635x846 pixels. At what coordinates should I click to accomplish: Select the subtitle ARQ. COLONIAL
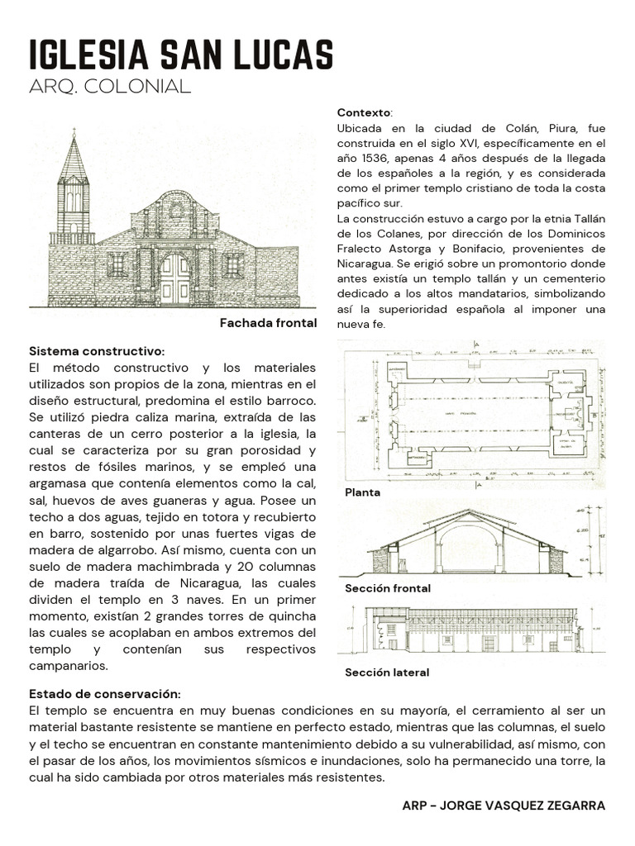coord(109,87)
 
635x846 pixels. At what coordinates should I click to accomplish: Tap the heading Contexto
coord(365,112)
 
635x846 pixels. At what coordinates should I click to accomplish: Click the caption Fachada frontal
coord(268,323)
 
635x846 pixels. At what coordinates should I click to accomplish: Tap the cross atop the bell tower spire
coord(74,133)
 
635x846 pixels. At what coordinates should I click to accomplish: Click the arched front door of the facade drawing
coord(174,278)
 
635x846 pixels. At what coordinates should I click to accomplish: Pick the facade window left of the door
coord(117,264)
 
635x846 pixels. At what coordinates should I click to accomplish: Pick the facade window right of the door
coord(233,264)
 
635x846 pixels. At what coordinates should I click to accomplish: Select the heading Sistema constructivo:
coord(97,351)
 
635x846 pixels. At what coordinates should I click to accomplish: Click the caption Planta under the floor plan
coord(362,492)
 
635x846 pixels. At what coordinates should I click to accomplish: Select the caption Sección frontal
coord(387,588)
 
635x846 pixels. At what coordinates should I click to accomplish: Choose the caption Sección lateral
coord(386,673)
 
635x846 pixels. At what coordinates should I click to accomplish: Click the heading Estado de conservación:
coord(104,693)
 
